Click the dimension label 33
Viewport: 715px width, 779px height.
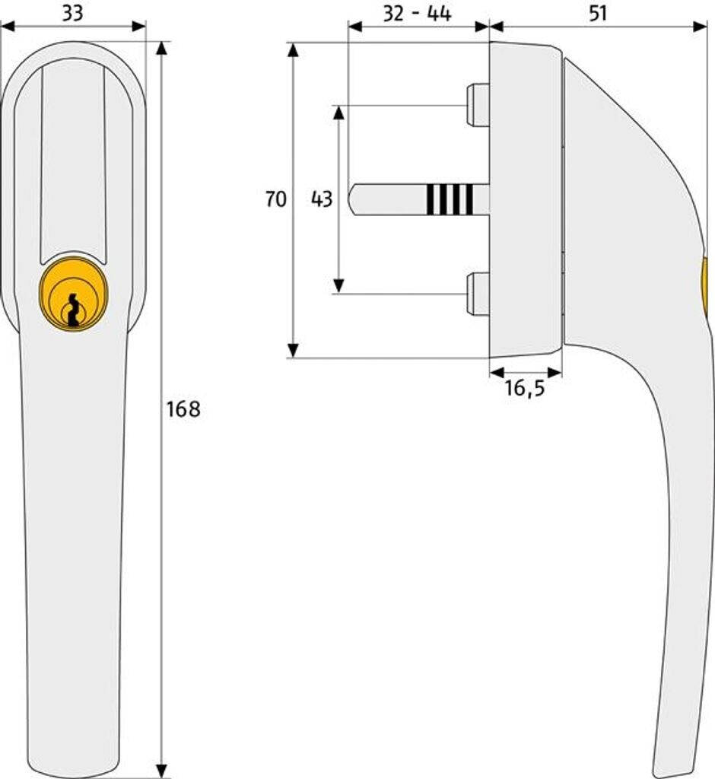coord(73,13)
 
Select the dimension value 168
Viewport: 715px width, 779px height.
coord(183,409)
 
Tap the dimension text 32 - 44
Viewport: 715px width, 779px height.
coord(417,14)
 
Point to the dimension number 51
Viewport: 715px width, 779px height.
coord(599,14)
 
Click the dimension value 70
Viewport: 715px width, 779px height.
coord(276,200)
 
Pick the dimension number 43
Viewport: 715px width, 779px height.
coord(322,200)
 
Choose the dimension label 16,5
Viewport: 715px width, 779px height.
coord(525,389)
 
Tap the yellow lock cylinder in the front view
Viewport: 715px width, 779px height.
coord(73,297)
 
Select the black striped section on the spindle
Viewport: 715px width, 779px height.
coord(450,199)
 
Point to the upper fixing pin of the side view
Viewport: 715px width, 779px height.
coord(477,105)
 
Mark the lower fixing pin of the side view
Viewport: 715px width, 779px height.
coord(477,294)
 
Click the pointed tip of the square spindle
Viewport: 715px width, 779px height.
coord(352,199)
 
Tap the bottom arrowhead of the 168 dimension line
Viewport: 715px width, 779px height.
coord(160,769)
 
